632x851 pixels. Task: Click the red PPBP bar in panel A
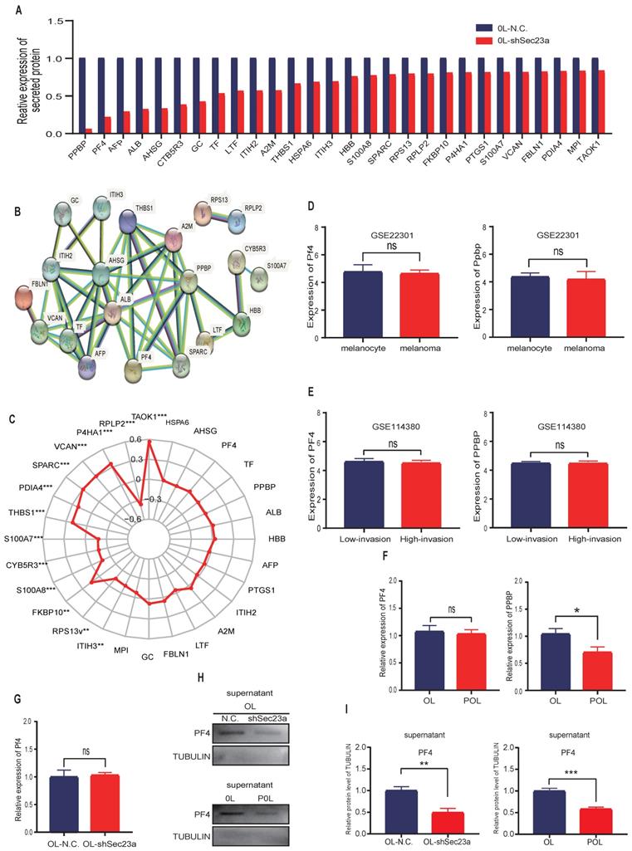pos(88,130)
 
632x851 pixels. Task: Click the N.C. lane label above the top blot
pos(229,718)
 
